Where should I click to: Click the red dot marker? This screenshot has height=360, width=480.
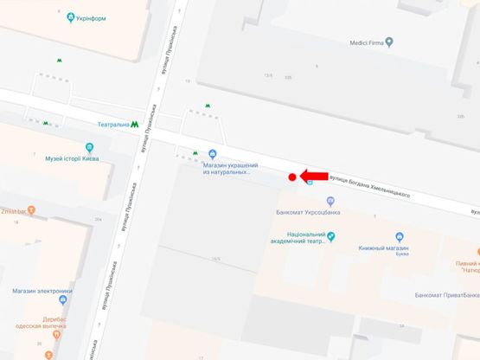(x=292, y=177)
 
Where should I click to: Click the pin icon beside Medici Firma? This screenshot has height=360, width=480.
(x=389, y=40)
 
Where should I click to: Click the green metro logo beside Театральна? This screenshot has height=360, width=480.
(x=136, y=125)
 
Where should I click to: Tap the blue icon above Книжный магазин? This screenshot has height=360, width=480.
(x=400, y=236)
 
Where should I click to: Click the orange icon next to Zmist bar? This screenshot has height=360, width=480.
(x=31, y=209)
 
